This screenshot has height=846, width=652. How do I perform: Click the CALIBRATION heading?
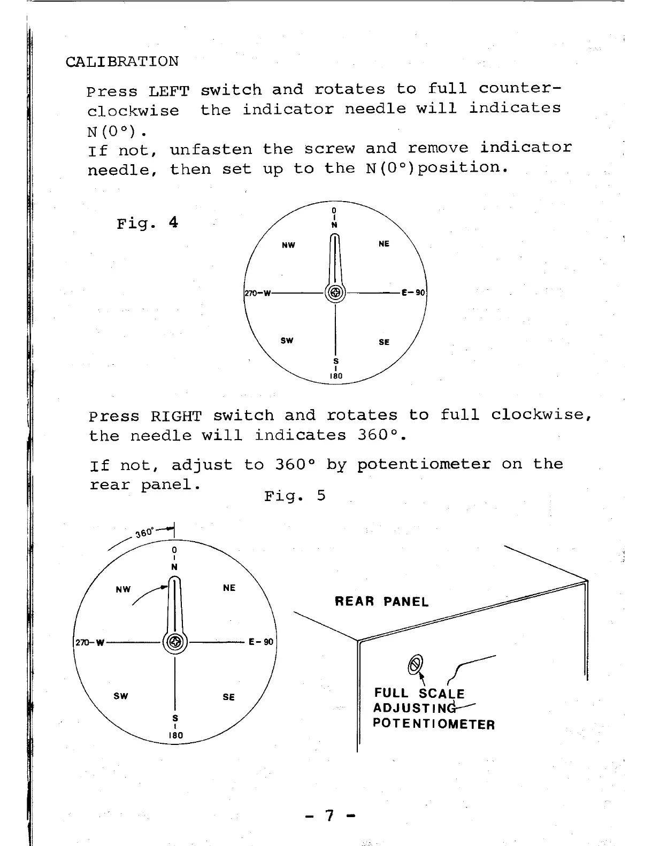(122, 61)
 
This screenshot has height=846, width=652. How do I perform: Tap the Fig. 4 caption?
(147, 222)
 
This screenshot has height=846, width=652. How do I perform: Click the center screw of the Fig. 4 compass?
(335, 293)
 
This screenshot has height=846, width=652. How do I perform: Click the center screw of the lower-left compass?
(175, 642)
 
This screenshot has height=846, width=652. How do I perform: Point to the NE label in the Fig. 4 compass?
(383, 244)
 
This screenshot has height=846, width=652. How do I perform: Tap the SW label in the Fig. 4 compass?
(287, 341)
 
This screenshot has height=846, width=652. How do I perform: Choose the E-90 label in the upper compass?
(413, 293)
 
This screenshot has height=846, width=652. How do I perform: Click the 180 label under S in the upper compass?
(336, 376)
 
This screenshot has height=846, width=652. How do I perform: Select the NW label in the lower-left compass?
(123, 589)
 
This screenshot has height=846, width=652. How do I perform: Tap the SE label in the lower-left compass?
(228, 697)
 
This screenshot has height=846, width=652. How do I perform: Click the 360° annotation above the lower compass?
(145, 533)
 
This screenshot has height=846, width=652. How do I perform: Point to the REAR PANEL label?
(381, 602)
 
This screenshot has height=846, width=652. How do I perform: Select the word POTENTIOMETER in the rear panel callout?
(434, 725)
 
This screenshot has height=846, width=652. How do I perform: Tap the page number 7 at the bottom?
(330, 816)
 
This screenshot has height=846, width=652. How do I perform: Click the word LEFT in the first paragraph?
(169, 91)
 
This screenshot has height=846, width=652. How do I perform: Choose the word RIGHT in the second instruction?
(175, 416)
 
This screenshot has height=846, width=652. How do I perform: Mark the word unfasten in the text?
(211, 149)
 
